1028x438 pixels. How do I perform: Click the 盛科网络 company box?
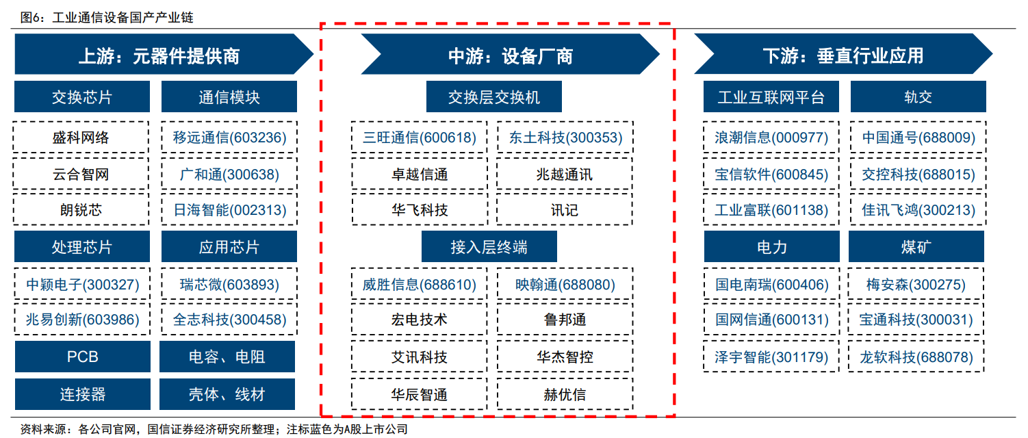click(81, 138)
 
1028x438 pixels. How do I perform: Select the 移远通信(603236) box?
click(229, 138)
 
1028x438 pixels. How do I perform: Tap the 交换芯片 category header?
click(82, 96)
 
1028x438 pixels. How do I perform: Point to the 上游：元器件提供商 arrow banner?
click(164, 54)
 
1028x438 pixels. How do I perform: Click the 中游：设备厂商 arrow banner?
click(511, 54)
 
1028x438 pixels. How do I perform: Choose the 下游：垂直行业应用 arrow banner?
click(843, 53)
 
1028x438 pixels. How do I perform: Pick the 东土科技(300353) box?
click(565, 138)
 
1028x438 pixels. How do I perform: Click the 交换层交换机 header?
click(493, 96)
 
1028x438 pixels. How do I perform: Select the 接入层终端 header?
click(489, 246)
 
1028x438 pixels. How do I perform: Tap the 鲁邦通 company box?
click(565, 320)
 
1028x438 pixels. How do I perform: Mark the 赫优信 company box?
click(565, 394)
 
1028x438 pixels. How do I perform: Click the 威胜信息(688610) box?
click(420, 284)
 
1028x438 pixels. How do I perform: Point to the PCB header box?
click(83, 357)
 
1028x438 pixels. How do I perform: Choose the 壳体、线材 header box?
click(227, 394)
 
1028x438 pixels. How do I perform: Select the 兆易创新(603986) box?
click(83, 320)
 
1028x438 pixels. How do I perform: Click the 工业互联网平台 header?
click(771, 96)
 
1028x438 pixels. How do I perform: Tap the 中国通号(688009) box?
click(918, 138)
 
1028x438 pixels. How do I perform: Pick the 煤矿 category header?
click(916, 246)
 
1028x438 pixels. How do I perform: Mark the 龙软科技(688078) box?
click(916, 357)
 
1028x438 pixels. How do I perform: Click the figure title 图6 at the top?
click(107, 17)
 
